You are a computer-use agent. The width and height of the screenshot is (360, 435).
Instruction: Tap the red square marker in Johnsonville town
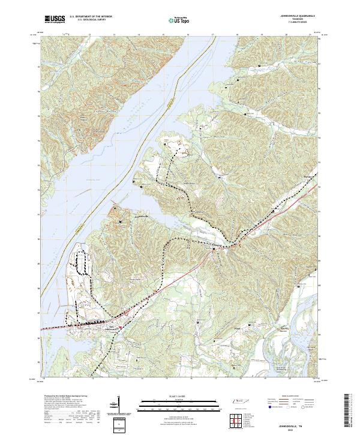[120, 327]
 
